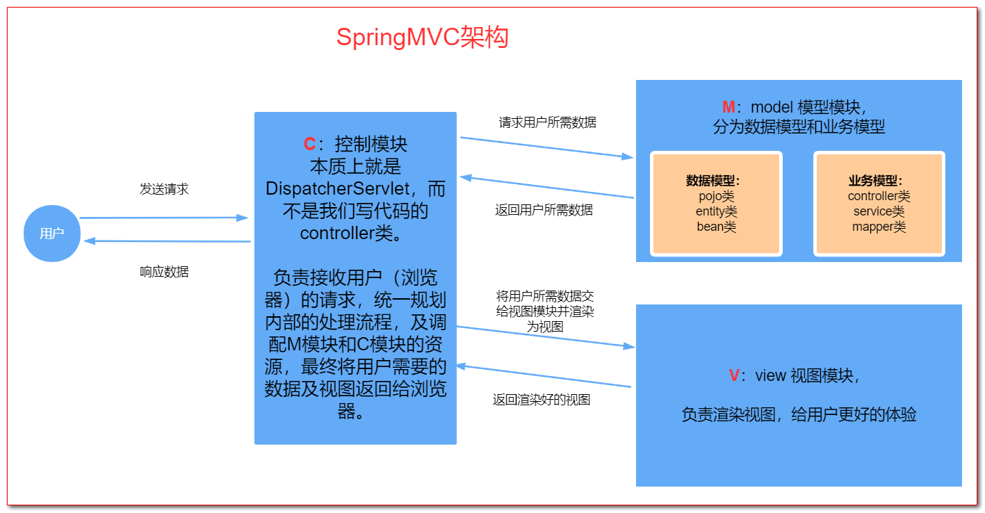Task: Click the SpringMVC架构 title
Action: coord(422,38)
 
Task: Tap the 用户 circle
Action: coord(52,234)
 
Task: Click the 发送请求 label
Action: coord(164,189)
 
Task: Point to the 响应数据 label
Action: coord(164,272)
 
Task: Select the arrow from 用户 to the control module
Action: coord(164,218)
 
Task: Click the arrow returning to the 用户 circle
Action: coord(167,241)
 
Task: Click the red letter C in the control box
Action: coord(310,145)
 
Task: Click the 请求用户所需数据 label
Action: coord(547,122)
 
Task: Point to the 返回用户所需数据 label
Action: coord(544,210)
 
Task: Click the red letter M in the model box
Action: coord(728,107)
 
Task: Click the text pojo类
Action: coord(716,196)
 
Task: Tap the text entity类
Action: coord(716,211)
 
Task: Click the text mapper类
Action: coord(879,227)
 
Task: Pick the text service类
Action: coord(879,211)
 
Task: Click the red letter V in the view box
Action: coord(735,376)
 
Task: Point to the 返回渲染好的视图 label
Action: coord(542,400)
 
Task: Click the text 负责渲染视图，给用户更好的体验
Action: coord(799,415)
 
